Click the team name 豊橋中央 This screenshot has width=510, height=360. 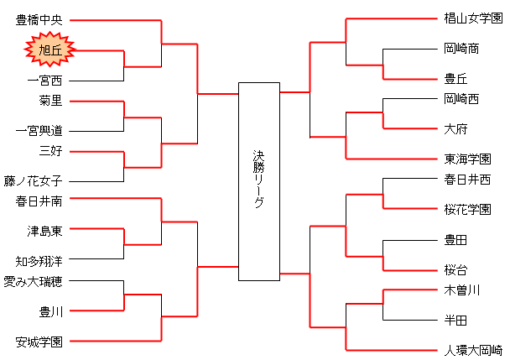[39, 20]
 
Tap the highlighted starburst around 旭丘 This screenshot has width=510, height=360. [50, 50]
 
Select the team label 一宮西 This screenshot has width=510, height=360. [44, 81]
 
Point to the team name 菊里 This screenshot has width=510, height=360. [50, 101]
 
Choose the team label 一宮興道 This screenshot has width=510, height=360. [39, 131]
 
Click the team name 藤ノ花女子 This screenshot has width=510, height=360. [33, 181]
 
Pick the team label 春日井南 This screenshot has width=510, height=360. [39, 201]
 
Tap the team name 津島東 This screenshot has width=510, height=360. [44, 231]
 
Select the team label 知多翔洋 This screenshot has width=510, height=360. [39, 261]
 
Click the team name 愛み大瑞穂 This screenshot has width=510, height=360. [33, 282]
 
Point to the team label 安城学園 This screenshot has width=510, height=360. [39, 342]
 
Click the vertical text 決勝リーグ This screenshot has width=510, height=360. [259, 179]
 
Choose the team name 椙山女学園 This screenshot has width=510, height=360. [474, 18]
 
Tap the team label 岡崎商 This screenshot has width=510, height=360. [462, 49]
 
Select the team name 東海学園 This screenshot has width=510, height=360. [468, 159]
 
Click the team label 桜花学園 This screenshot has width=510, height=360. [468, 209]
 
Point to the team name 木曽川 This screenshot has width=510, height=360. [462, 290]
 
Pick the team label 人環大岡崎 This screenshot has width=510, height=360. [474, 350]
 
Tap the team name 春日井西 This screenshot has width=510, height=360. [468, 180]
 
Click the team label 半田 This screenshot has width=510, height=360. [456, 321]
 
